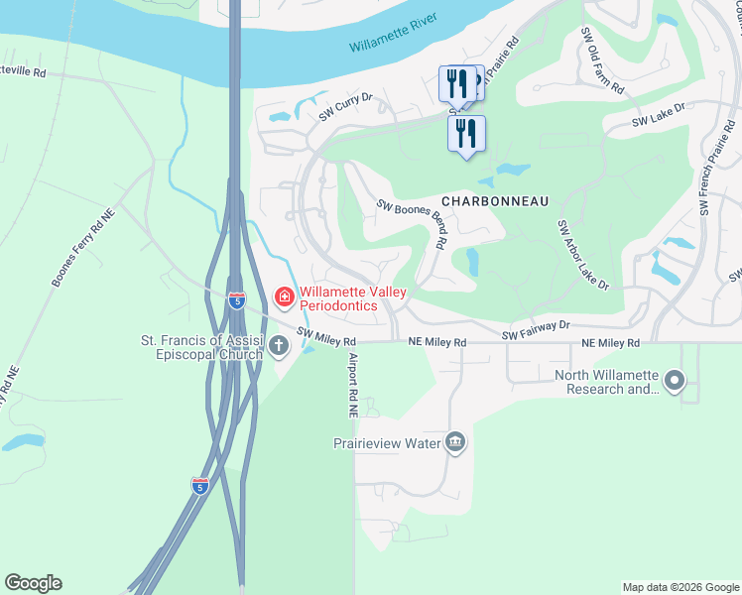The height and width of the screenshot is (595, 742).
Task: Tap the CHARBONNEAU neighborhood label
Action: coord(495,200)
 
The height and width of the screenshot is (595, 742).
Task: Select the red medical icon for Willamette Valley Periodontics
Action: coord(284,297)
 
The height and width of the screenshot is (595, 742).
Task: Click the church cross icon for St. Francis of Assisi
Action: coord(279,345)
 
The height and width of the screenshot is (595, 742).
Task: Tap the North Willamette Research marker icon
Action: coord(676,380)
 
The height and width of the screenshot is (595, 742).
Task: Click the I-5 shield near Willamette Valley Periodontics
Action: coord(236,299)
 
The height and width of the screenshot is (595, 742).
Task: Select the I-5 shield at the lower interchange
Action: coord(200,485)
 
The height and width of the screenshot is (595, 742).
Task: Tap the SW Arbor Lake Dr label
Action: coord(582,255)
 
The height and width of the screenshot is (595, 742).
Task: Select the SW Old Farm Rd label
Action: coord(603,61)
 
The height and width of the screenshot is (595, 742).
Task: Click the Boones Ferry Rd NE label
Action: coord(82,246)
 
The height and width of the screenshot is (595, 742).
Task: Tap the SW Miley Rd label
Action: coord(326,338)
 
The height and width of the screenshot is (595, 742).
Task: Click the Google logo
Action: coord(33,583)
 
